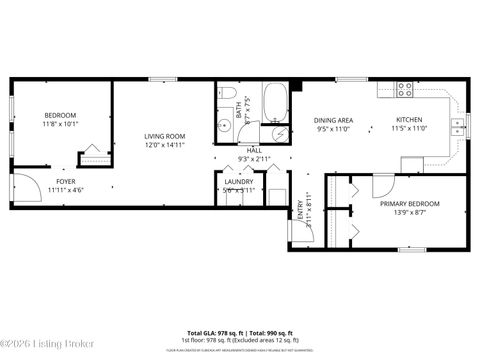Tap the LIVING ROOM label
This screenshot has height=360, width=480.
coord(165,136)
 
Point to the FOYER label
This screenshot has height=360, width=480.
coord(66,181)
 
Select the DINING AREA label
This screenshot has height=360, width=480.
coord(331,119)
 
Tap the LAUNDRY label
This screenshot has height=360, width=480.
coord(238,182)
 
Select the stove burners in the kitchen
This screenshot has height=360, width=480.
coord(406,87)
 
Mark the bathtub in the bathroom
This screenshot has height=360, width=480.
coord(275,101)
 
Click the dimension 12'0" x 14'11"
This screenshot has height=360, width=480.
coord(165,145)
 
